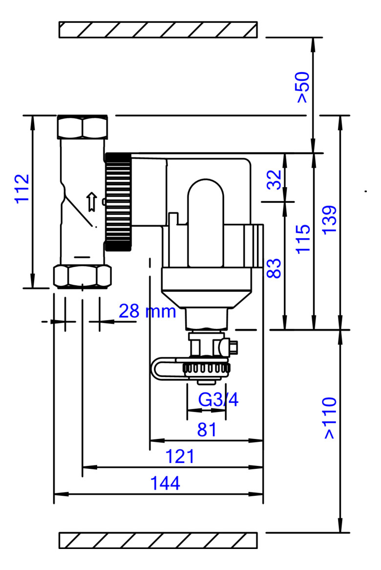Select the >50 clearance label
tap(303, 87)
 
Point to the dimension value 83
tap(274, 268)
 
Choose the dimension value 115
tap(303, 239)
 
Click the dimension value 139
tap(330, 220)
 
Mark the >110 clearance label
tap(330, 418)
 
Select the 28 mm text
tap(148, 311)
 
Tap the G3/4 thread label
tap(218, 400)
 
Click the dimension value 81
tap(207, 430)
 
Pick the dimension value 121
tap(180, 457)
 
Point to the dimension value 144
tap(165, 483)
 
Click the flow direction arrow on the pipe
tap(92, 202)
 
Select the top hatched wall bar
tap(158, 29)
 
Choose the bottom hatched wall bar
tap(158, 541)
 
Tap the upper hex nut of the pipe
tap(83, 127)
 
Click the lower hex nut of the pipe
tap(82, 277)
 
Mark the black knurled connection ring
tap(118, 202)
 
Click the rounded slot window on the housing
tap(206, 223)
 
